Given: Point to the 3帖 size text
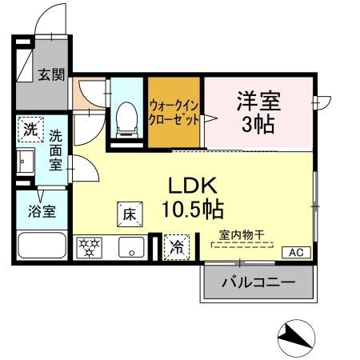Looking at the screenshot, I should click(256, 124).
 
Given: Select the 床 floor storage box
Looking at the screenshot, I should click(130, 213).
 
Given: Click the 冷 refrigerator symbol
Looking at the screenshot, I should click(174, 247).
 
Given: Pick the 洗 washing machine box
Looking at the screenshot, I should click(30, 128).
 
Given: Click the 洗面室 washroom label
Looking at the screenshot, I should click(56, 149).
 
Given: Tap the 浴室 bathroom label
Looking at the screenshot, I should click(37, 213).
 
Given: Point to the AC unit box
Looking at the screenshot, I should click(295, 252).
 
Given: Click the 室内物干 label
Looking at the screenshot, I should click(242, 234).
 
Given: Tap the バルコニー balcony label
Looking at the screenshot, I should click(258, 282).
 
